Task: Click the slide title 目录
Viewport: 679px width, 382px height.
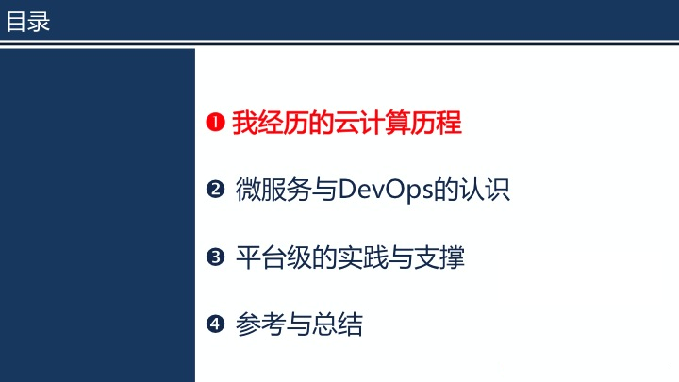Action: [28, 22]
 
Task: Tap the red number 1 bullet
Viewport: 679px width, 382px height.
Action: [215, 122]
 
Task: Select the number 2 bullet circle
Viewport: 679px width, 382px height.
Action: [215, 190]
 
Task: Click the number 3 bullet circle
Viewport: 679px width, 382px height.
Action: [215, 257]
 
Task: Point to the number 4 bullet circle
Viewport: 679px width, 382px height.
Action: [215, 324]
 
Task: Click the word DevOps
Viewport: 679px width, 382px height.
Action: [386, 191]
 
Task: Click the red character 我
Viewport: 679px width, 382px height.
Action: [244, 123]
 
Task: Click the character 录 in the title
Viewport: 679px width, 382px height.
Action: [39, 22]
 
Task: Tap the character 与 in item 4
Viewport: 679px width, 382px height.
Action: [299, 324]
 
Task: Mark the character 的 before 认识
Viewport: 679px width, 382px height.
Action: [446, 190]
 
